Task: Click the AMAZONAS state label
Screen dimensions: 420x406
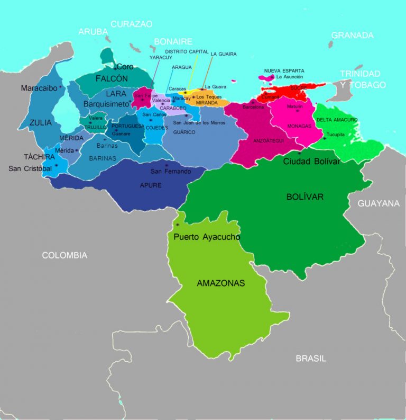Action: coord(220,283)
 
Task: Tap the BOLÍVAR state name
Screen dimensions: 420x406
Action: coord(304,196)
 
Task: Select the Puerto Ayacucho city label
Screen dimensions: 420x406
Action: coord(207,237)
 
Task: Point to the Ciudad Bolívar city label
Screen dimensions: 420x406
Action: coord(311,161)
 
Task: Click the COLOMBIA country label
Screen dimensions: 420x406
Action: coord(64,255)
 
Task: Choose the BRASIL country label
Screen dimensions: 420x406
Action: coord(311,359)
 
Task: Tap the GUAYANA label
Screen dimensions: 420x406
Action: coord(378,203)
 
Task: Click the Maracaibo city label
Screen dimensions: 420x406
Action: coord(39,88)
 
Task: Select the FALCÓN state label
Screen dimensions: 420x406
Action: coord(112,78)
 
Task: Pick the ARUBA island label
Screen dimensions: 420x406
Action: coord(93,32)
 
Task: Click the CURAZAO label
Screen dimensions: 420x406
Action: coord(132,24)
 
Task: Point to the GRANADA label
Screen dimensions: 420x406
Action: coord(352,35)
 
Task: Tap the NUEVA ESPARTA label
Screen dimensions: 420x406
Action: coord(284,70)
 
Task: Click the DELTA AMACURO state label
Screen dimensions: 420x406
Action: coord(337,120)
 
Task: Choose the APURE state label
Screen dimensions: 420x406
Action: coord(151,185)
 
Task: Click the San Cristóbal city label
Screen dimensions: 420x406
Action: coord(30,168)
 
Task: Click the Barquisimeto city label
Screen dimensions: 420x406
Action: coord(106,104)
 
